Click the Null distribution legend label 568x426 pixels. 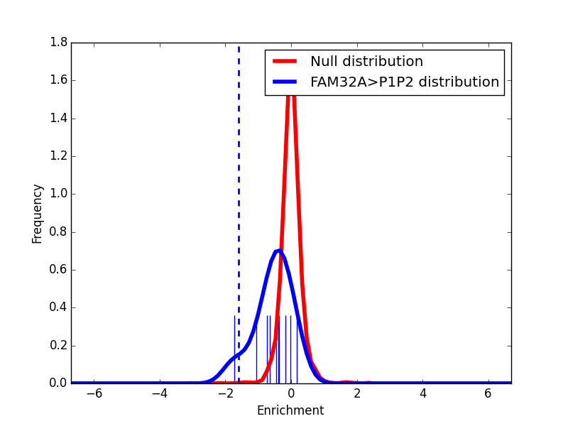coord(366,62)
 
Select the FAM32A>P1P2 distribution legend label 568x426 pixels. coord(405,82)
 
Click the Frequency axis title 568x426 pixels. coord(38,213)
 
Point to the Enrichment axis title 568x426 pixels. coord(290,410)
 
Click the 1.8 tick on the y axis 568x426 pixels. coord(59,43)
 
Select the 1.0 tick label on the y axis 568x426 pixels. coord(59,194)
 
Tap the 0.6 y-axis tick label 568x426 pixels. coord(59,270)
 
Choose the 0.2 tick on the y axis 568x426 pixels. coord(59,346)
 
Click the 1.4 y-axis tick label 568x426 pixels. coord(59,119)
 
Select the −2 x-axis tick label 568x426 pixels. coord(223,393)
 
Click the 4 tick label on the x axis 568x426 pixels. coord(422,393)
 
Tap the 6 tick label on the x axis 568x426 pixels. coord(488,393)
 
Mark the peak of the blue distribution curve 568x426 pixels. coord(279,251)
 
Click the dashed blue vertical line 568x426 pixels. coord(239,177)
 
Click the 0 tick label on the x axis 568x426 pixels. coord(291,393)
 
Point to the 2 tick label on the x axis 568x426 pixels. coord(356,393)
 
